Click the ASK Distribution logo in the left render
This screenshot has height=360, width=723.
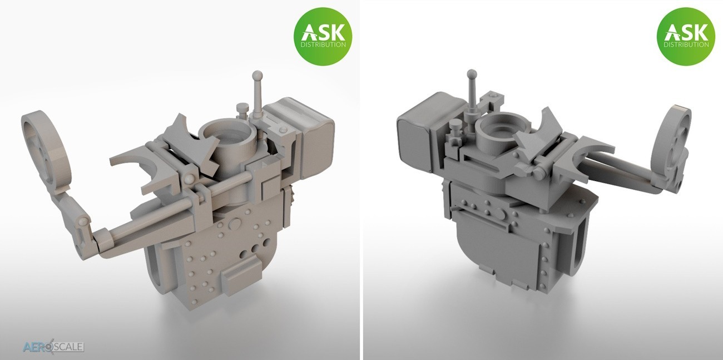tap(323, 37)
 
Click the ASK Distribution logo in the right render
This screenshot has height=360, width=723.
tap(686, 37)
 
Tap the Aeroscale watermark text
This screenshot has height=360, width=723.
tap(53, 347)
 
